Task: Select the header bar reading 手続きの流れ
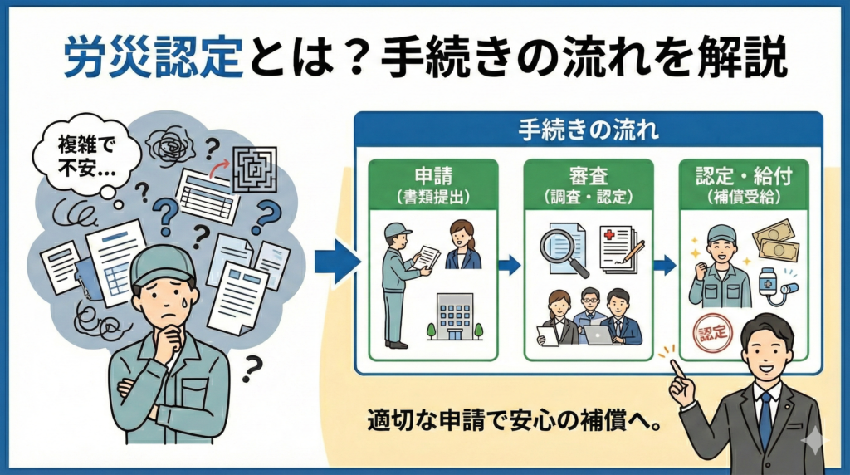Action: coord(588,130)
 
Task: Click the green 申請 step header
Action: coord(432,184)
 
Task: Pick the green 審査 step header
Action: coord(588,184)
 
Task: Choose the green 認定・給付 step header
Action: coord(743,184)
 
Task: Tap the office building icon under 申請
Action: coord(455,317)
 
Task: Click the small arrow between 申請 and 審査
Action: coord(510,265)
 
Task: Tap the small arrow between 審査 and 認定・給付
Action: coord(665,265)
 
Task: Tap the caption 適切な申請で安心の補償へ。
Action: coord(515,421)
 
